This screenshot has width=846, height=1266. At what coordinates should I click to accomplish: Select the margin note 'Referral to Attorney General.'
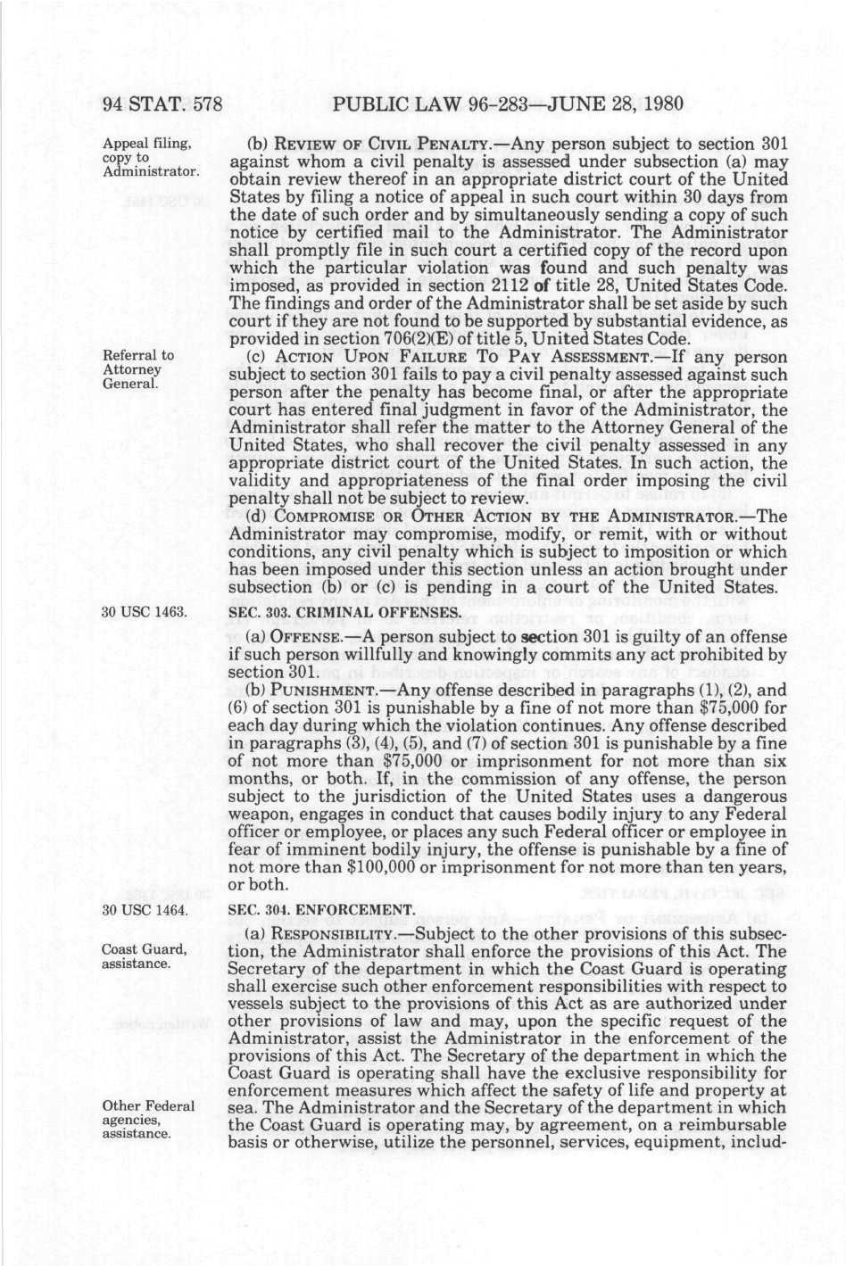(138, 369)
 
